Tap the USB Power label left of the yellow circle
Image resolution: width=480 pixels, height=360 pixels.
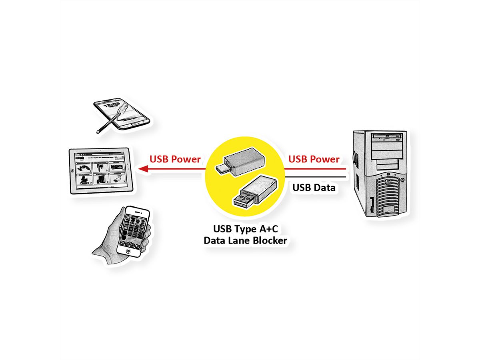(x=175, y=159)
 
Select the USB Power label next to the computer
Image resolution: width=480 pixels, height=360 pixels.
(x=314, y=159)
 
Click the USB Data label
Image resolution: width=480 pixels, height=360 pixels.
(x=314, y=187)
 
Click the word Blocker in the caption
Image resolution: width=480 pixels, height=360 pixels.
(x=267, y=240)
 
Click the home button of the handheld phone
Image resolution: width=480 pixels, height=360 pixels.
(x=128, y=251)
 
